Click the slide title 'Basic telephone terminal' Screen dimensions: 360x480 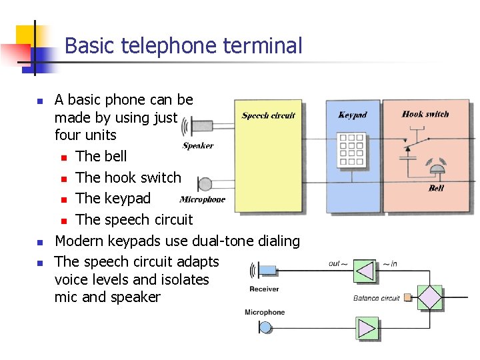click(183, 46)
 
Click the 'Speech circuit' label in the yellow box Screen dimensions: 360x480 click(268, 115)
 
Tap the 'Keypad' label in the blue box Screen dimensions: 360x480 click(352, 115)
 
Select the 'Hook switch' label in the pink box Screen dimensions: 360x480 click(425, 114)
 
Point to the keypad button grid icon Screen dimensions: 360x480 click(351, 150)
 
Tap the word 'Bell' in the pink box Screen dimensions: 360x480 click(436, 188)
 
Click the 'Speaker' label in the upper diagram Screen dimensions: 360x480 click(198, 145)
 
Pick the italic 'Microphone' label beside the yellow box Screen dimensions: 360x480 click(203, 199)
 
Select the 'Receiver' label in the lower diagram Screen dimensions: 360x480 click(264, 289)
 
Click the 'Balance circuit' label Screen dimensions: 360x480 click(377, 298)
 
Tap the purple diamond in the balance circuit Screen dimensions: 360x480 click(430, 297)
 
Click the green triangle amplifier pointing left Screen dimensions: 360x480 click(364, 271)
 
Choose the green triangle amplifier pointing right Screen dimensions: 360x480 click(366, 328)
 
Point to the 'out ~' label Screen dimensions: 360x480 click(337, 264)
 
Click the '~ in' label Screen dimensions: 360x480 click(390, 264)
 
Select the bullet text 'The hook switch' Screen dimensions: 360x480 click(128, 177)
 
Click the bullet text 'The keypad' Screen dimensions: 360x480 click(113, 198)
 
